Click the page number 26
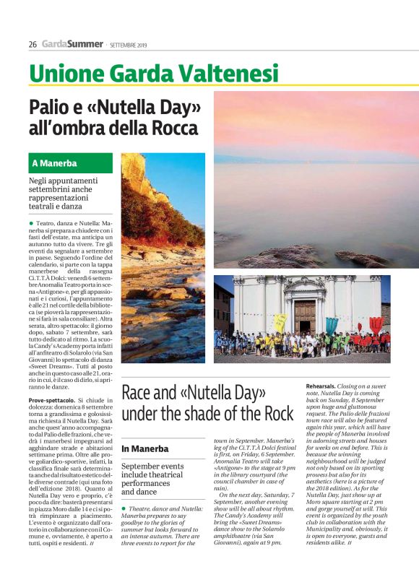click(33, 44)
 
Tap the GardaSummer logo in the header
click(72, 44)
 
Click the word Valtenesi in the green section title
click(229, 73)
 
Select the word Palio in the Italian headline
click(51, 109)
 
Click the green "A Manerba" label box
click(71, 162)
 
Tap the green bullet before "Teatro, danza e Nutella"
click(31, 224)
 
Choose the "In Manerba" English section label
click(145, 449)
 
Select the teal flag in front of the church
click(331, 326)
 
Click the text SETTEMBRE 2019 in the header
click(129, 45)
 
